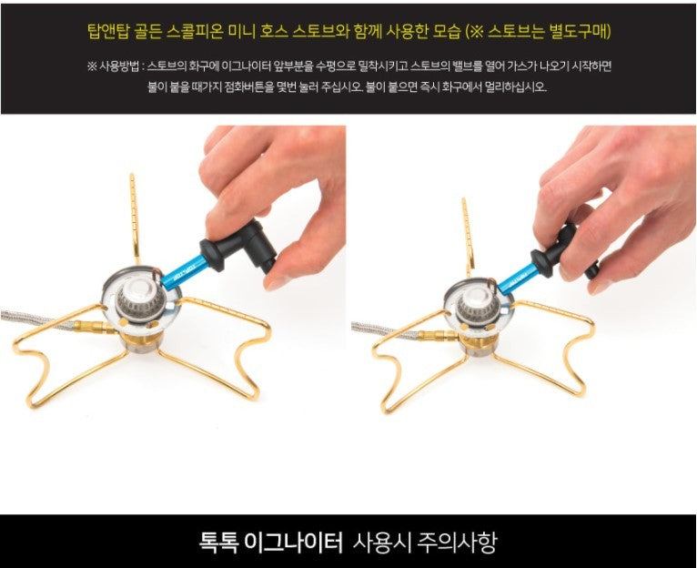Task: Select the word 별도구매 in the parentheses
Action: tap(579, 32)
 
